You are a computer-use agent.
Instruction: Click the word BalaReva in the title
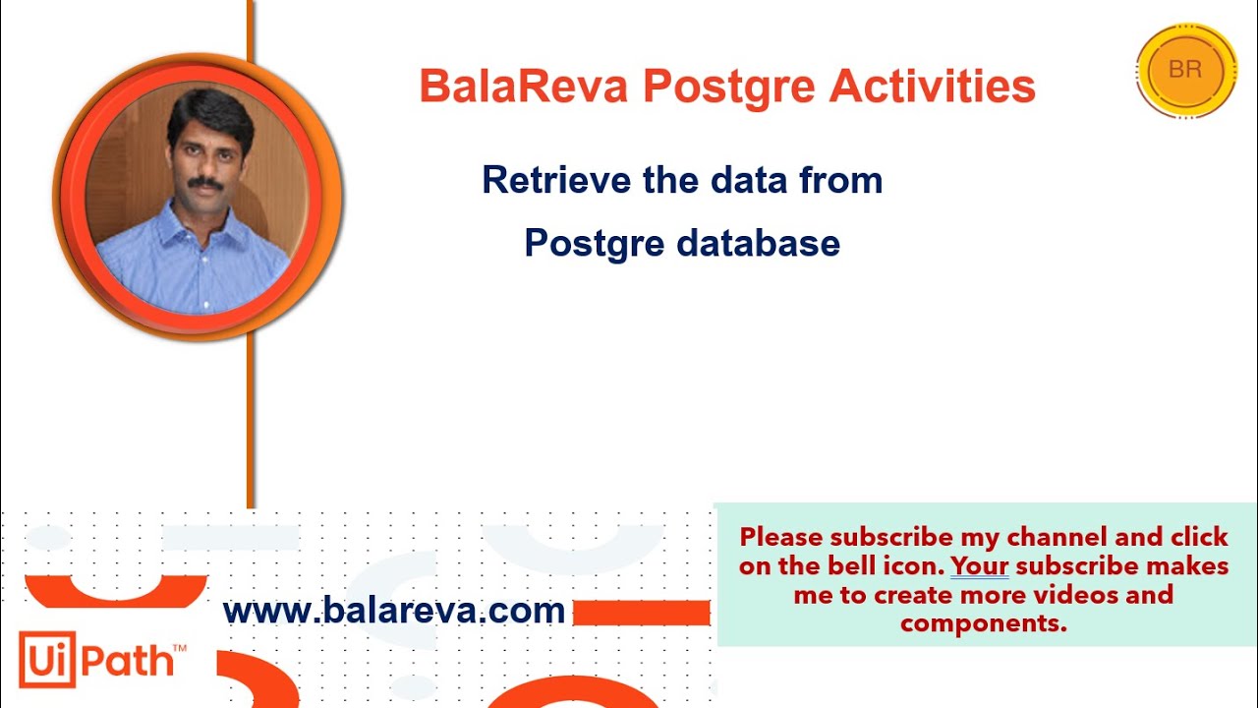tap(524, 87)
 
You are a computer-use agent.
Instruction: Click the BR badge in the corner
tap(1185, 70)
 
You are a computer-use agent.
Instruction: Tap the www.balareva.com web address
tap(394, 611)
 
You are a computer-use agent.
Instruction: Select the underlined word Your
tap(979, 566)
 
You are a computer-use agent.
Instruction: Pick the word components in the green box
tap(983, 623)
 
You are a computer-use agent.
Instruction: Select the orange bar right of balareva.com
tap(641, 613)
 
